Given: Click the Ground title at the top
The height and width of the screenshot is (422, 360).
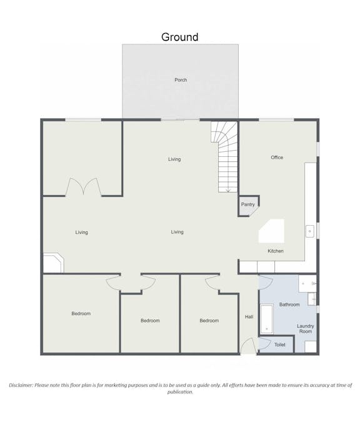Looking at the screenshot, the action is [180, 37].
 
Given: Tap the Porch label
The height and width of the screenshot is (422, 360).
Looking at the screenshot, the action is [181, 80].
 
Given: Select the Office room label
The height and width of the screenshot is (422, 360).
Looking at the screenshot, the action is [277, 158].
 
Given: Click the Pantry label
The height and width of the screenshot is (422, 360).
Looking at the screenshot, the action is [247, 204].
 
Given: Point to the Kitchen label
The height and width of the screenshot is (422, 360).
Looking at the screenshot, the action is [276, 251].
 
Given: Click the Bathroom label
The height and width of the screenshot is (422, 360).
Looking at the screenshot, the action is [289, 304].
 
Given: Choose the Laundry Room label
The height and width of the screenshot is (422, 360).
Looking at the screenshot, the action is [306, 329].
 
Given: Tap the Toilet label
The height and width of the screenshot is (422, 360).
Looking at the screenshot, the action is [280, 344].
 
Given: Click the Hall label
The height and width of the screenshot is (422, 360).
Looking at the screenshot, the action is [249, 317].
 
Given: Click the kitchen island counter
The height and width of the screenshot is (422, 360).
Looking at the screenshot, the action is [271, 231].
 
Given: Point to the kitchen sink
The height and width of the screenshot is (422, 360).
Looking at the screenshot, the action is [309, 231].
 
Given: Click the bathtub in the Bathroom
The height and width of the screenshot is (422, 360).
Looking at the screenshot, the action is [267, 319].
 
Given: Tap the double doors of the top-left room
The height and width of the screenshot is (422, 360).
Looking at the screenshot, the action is [83, 187].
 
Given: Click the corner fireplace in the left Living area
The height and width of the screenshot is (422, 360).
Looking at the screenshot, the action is [54, 263].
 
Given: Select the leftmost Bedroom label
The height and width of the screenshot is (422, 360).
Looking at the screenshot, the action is [81, 314].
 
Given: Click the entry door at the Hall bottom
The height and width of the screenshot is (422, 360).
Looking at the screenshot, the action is [247, 346].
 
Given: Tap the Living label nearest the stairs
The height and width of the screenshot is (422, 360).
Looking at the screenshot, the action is [174, 159].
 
